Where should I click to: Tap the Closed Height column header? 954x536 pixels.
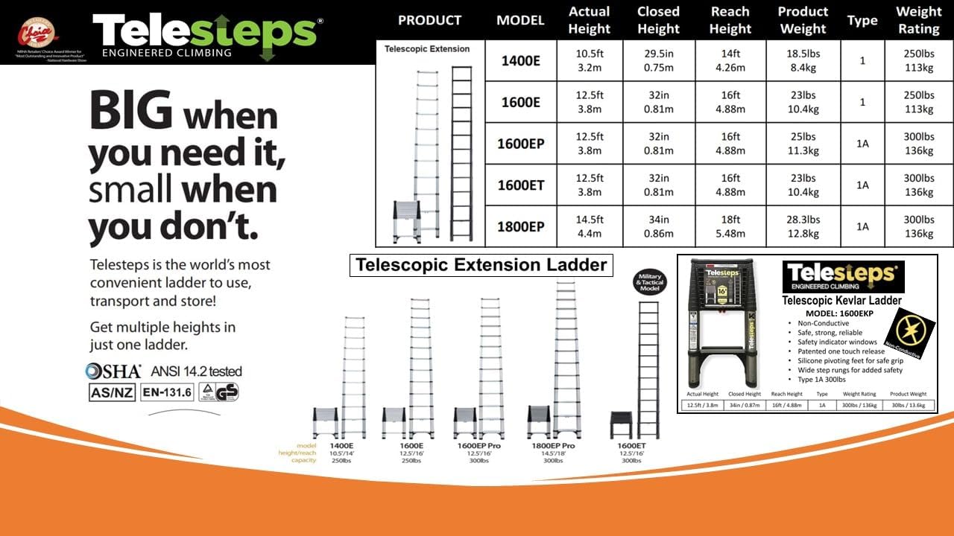click(658, 20)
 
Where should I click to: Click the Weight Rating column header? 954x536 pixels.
click(918, 20)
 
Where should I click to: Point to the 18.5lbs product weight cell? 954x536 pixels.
click(803, 60)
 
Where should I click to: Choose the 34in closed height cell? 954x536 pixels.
click(658, 226)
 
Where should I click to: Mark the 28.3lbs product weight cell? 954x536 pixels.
click(803, 226)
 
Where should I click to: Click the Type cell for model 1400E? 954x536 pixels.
click(862, 60)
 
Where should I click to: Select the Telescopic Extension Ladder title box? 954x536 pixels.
click(481, 265)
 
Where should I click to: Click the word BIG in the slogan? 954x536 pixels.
click(131, 112)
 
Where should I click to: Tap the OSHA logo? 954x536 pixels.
click(113, 371)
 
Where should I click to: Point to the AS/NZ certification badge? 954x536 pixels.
click(113, 392)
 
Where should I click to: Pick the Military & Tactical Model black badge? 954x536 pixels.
click(649, 283)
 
